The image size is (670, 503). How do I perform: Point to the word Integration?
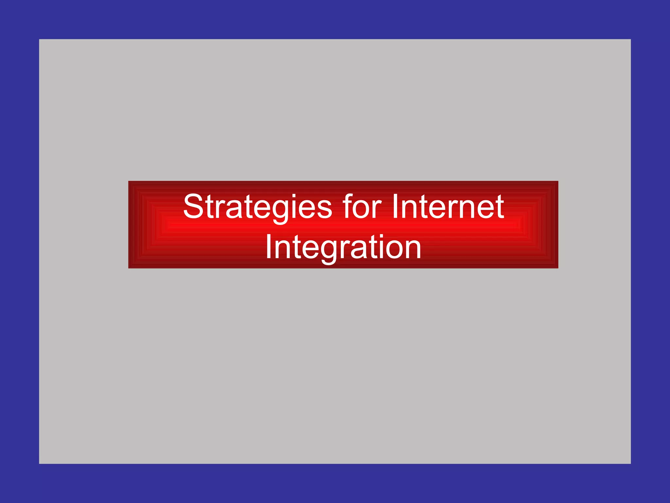pyautogui.click(x=343, y=248)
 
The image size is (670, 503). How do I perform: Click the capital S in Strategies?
pyautogui.click(x=193, y=207)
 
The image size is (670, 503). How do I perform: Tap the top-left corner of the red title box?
pyautogui.click(x=129, y=181)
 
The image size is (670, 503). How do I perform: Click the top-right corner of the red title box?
pyautogui.click(x=558, y=181)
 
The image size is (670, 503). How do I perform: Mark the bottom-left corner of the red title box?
pyautogui.click(x=129, y=268)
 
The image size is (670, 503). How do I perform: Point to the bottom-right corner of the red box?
pyautogui.click(x=558, y=268)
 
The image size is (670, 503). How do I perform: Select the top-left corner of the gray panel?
pyautogui.click(x=39, y=39)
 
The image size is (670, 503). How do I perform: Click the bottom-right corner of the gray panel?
pyautogui.click(x=630, y=463)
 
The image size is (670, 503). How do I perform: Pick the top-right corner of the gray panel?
pyautogui.click(x=630, y=39)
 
